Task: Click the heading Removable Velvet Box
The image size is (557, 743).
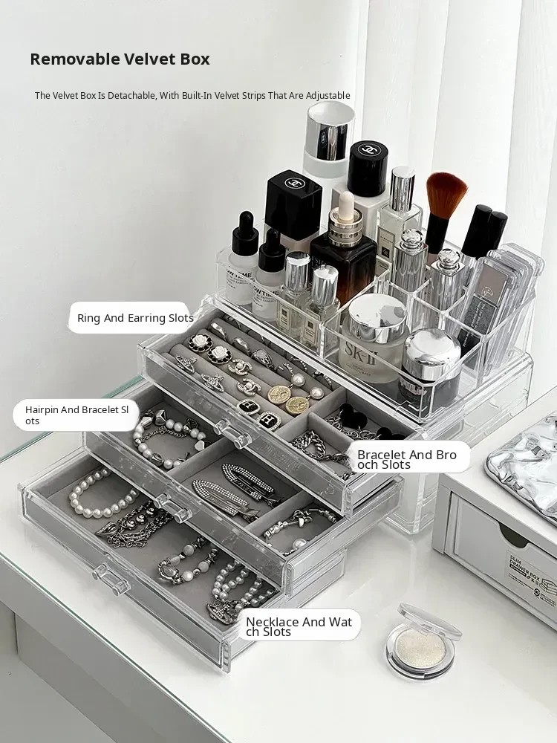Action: coord(120,59)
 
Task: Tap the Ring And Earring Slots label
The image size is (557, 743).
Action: coord(135,318)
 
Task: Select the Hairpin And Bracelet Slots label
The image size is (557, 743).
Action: coord(76,415)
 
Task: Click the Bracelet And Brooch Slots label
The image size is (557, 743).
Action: coord(407,459)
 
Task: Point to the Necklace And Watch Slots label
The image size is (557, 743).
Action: coord(299,626)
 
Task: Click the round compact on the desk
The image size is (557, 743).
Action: coord(423,643)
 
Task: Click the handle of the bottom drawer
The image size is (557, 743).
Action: coord(111,579)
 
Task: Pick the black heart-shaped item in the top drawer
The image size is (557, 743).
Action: coord(353,417)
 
